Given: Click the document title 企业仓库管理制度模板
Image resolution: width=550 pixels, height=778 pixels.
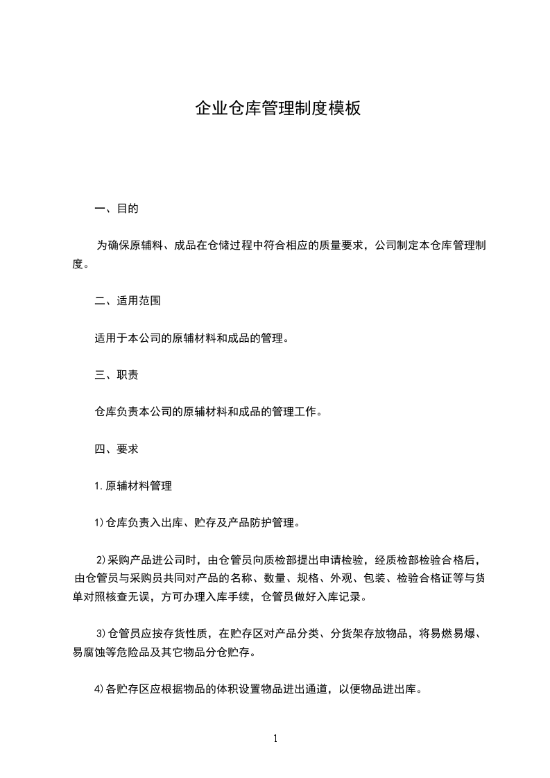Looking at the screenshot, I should pyautogui.click(x=277, y=109).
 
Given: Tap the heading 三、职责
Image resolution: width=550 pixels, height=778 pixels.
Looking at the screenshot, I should pyautogui.click(x=116, y=375).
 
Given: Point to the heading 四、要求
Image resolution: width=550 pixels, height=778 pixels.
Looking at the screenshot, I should pyautogui.click(x=116, y=449).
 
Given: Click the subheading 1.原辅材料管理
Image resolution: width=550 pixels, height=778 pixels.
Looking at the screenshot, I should pyautogui.click(x=133, y=486).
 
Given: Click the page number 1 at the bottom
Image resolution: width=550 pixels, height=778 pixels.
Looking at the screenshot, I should pyautogui.click(x=275, y=738).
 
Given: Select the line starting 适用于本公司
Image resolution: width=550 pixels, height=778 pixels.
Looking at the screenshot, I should pyautogui.click(x=191, y=338).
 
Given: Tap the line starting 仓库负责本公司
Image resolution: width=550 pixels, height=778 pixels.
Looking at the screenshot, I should pyautogui.click(x=207, y=412).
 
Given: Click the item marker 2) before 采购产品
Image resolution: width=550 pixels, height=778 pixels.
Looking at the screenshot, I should pyautogui.click(x=100, y=560).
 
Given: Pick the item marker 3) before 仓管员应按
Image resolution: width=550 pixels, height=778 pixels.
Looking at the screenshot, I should pyautogui.click(x=100, y=633).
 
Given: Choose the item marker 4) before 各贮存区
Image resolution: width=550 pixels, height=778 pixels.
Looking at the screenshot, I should pyautogui.click(x=98, y=689).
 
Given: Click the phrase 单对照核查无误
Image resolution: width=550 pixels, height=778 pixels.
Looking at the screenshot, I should pyautogui.click(x=111, y=596).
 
